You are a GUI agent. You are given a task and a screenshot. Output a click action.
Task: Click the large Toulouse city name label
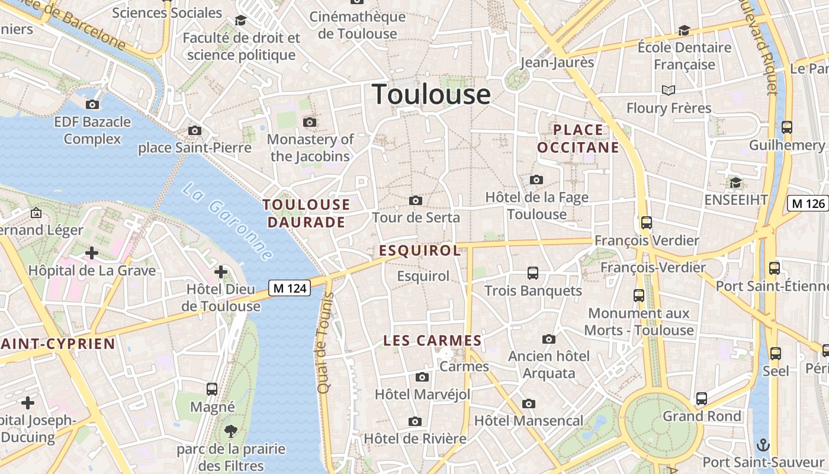coord(431,95)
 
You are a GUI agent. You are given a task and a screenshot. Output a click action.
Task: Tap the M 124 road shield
coord(290,288)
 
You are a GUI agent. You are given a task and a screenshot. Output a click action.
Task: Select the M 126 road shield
coord(808,203)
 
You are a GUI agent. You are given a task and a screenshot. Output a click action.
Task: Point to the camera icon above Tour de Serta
coord(416,201)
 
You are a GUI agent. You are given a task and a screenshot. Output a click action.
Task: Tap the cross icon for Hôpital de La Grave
coord(91,254)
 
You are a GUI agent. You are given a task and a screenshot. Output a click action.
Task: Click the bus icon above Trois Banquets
coord(533,273)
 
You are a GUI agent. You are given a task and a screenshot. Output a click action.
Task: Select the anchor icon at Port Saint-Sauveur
coord(764,444)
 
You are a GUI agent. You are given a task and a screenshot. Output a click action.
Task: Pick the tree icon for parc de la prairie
coord(230,431)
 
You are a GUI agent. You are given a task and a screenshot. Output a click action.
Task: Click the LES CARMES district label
coord(432,341)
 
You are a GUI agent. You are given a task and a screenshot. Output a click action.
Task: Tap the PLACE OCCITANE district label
coord(578,139)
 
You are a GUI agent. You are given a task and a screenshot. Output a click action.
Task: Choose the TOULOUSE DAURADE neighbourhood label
coord(306,213)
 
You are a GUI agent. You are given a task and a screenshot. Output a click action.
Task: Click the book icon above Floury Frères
coord(669,90)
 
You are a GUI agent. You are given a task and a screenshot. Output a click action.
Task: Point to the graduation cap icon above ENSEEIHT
coord(735,182)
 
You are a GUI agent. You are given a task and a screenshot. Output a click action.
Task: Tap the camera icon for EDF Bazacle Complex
coord(92,105)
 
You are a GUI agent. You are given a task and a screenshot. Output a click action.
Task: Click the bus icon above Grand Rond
coord(702,399)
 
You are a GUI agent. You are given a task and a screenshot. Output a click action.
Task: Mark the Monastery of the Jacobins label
coord(311,148)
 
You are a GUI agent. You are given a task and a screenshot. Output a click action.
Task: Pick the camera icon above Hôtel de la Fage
coord(536,180)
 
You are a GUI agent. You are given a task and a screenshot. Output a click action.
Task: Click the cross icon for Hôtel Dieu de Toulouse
coord(221,272)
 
